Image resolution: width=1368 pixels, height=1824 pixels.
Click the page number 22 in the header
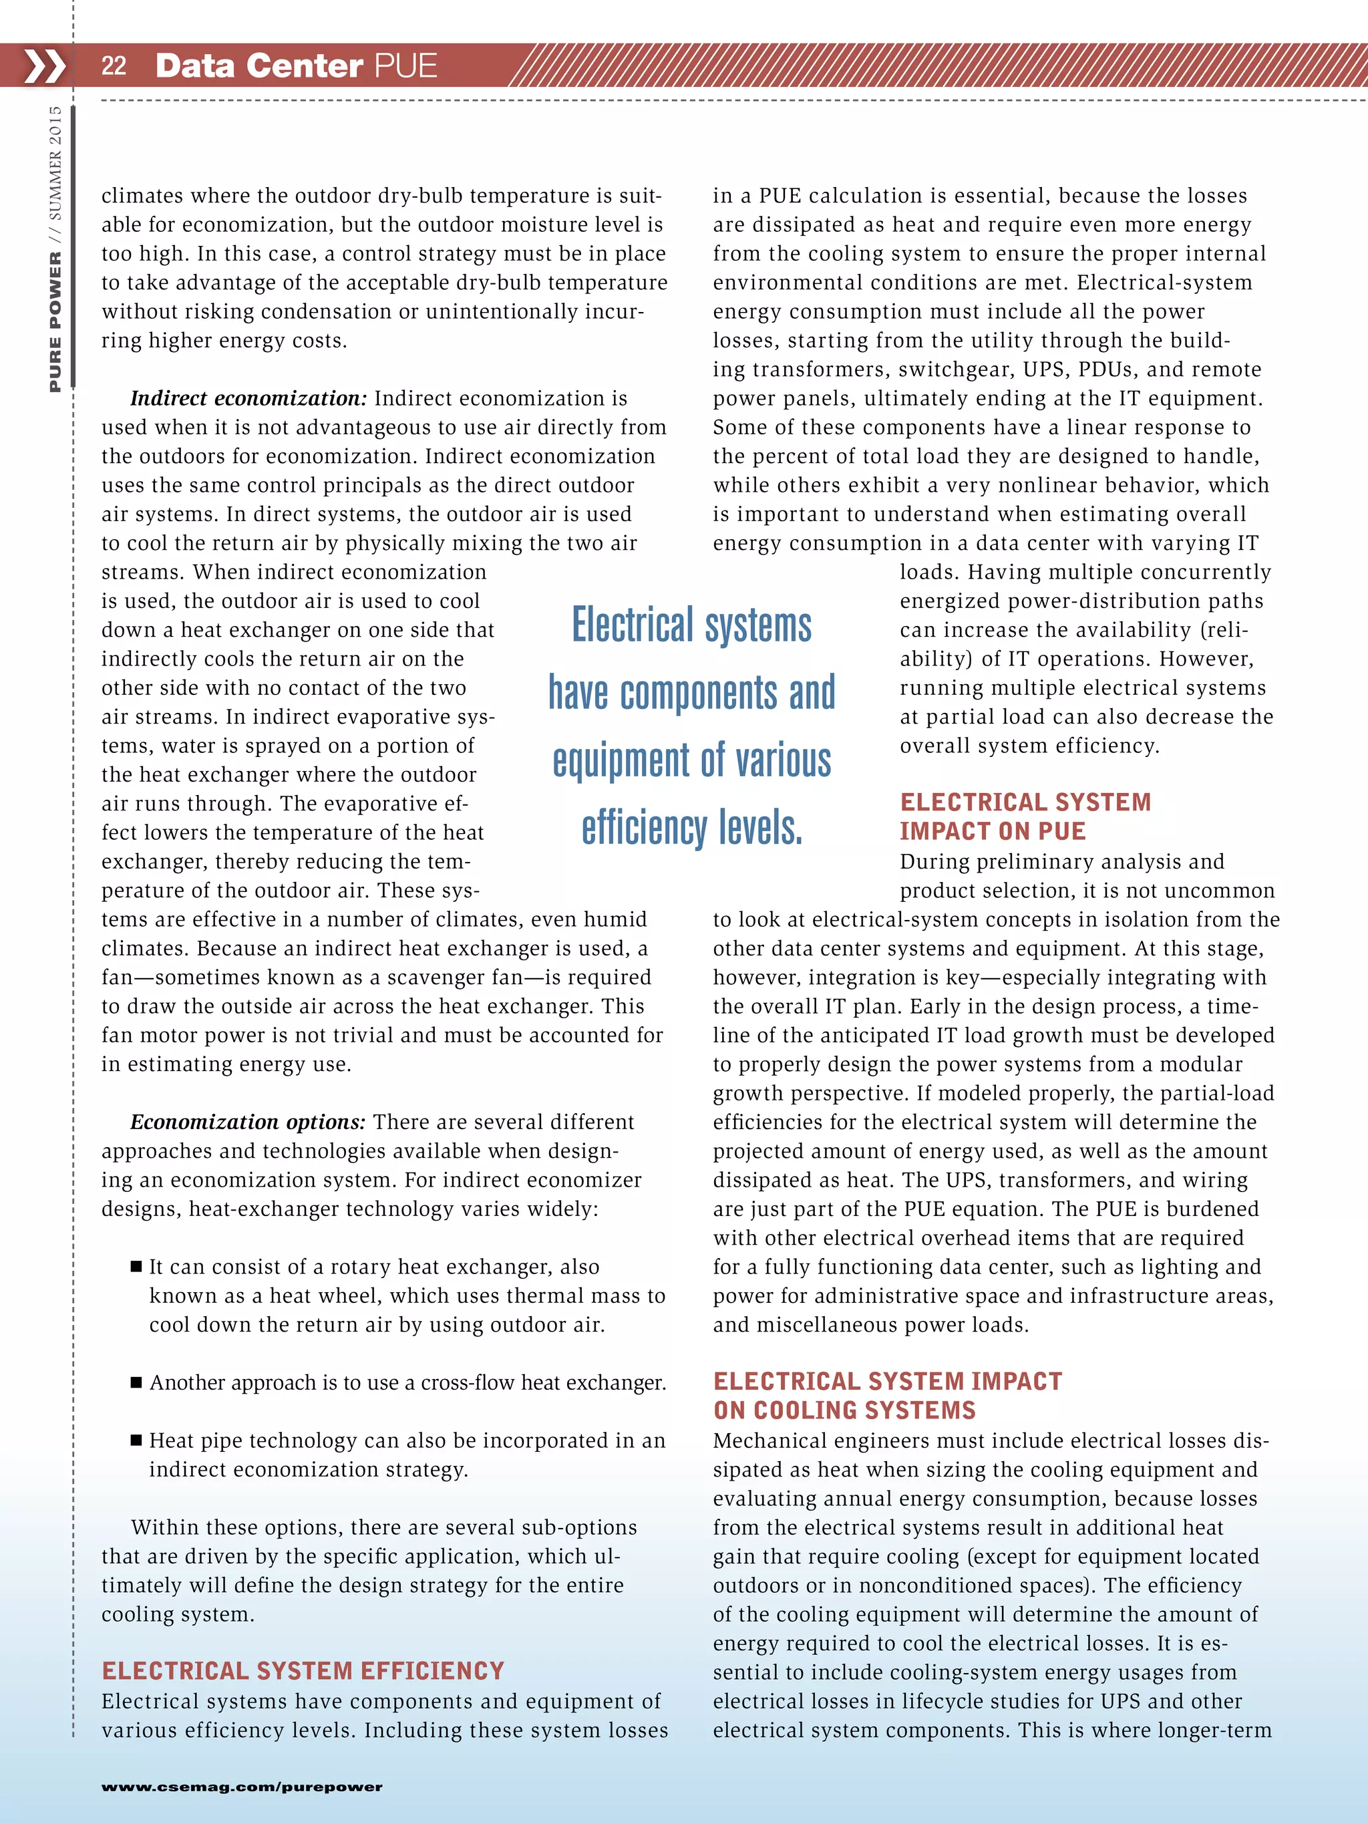[x=114, y=66]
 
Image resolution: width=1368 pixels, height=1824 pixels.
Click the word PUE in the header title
[x=405, y=66]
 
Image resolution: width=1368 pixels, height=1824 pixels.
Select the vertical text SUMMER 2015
[x=55, y=162]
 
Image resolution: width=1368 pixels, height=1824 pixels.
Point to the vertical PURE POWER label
[x=55, y=321]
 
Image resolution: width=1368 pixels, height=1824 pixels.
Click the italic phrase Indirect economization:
[x=248, y=398]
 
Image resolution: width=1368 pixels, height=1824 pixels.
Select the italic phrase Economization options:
[x=247, y=1122]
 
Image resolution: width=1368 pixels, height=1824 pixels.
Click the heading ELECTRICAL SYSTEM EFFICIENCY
[x=303, y=1670]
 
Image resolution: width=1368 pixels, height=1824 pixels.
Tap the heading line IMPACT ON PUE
[x=992, y=831]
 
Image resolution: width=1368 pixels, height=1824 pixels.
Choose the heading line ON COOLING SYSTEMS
[x=844, y=1410]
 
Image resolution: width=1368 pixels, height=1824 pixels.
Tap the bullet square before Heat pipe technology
[x=137, y=1440]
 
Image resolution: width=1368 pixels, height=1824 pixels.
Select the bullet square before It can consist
[x=137, y=1267]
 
